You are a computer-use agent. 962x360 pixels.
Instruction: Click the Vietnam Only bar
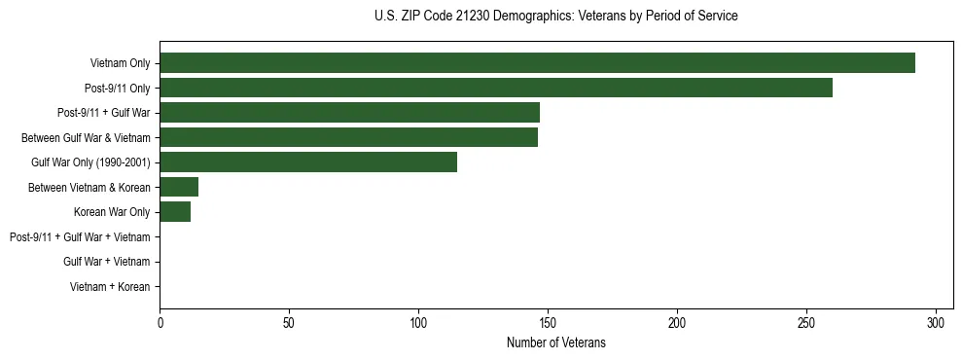pyautogui.click(x=537, y=63)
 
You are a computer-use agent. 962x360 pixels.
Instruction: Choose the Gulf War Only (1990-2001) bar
pyautogui.click(x=308, y=162)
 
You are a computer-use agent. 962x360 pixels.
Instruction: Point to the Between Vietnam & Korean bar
pyautogui.click(x=179, y=187)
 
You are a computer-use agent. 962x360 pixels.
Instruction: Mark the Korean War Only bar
pyautogui.click(x=175, y=211)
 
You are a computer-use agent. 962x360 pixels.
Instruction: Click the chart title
pyautogui.click(x=555, y=17)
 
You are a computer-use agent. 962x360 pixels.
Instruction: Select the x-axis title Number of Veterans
pyautogui.click(x=555, y=342)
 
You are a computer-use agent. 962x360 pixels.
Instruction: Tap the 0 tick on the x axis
pyautogui.click(x=160, y=323)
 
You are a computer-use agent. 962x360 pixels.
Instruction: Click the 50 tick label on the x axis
pyautogui.click(x=289, y=323)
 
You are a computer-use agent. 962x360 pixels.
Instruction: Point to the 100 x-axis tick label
pyautogui.click(x=418, y=323)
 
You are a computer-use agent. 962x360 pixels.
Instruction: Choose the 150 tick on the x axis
pyautogui.click(x=548, y=323)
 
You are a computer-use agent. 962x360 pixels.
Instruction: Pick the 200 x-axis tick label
pyautogui.click(x=677, y=323)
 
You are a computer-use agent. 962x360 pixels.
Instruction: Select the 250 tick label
pyautogui.click(x=806, y=323)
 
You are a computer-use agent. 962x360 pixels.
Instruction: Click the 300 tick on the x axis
pyautogui.click(x=936, y=323)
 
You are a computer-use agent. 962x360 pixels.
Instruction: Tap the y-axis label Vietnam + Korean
pyautogui.click(x=110, y=286)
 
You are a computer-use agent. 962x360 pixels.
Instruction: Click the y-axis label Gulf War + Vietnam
pyautogui.click(x=106, y=261)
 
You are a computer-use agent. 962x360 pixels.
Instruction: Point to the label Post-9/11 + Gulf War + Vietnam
pyautogui.click(x=80, y=236)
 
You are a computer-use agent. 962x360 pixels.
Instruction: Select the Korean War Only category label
pyautogui.click(x=112, y=211)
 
